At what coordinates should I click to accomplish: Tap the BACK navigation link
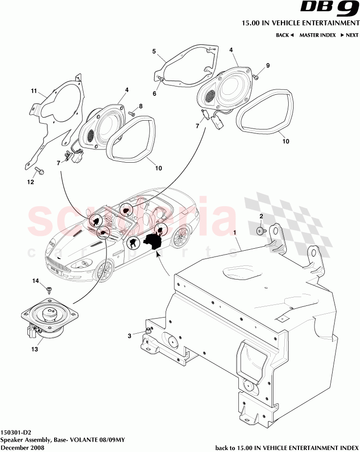tap(284, 35)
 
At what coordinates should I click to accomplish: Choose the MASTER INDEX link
tap(317, 35)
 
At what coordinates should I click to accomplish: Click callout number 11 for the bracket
tap(34, 91)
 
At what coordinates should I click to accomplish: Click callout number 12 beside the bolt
tap(30, 182)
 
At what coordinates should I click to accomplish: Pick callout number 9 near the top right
tap(267, 65)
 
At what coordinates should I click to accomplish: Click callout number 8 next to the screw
tap(141, 106)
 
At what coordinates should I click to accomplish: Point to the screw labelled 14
tap(49, 289)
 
